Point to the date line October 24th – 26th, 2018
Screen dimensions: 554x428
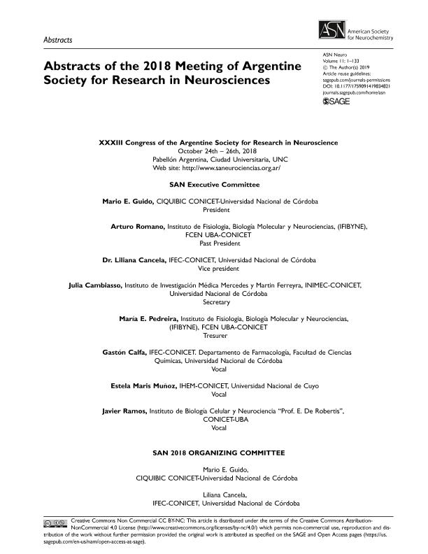click(217, 151)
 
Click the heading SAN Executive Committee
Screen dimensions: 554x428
click(214, 185)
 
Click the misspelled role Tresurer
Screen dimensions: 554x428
click(214, 336)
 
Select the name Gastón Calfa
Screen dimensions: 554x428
click(124, 352)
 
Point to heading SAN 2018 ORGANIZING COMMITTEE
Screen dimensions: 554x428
click(214, 453)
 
